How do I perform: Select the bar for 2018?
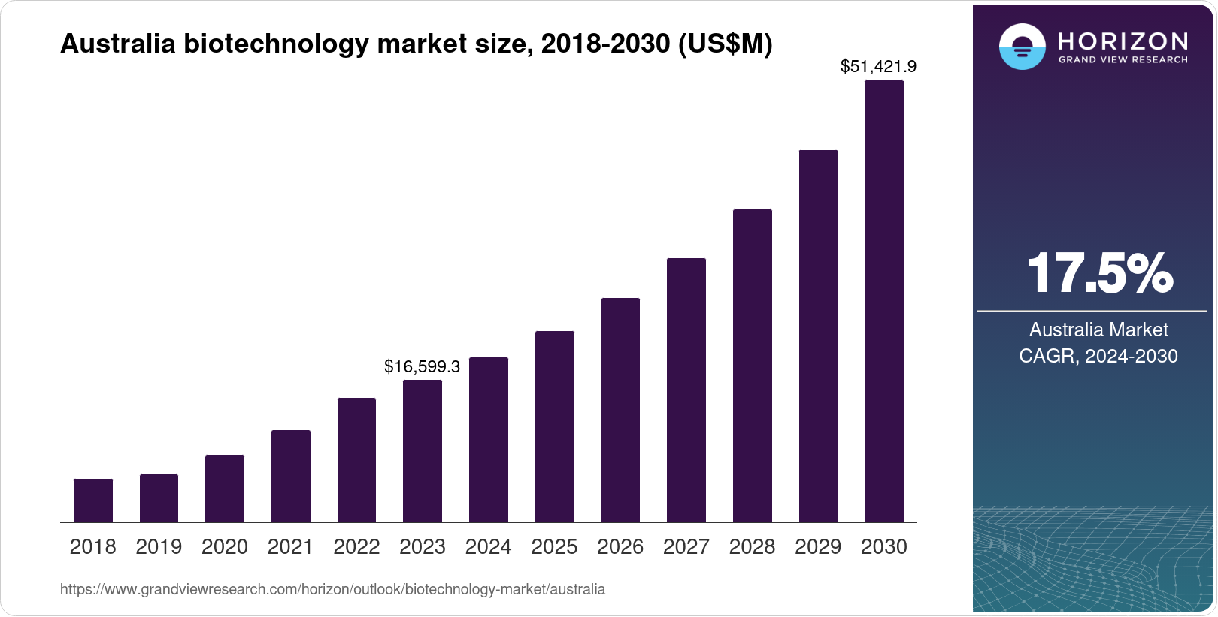[93, 500]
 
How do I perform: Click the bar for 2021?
[291, 476]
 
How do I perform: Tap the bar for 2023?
[423, 451]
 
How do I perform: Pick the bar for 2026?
[620, 410]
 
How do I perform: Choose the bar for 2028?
[752, 366]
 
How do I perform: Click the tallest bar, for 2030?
[884, 301]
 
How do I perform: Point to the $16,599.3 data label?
[422, 366]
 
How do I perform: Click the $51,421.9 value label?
[878, 67]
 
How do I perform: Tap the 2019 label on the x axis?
[159, 547]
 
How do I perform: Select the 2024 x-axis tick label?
[488, 547]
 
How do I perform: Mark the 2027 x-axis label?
[686, 547]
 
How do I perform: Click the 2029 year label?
[818, 547]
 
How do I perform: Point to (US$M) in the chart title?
[725, 44]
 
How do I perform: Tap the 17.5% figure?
[1098, 273]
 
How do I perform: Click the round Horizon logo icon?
[1022, 47]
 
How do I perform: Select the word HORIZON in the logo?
[1123, 41]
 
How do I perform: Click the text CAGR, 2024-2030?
[1098, 356]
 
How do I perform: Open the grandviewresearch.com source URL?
[332, 590]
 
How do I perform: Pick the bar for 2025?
[555, 427]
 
